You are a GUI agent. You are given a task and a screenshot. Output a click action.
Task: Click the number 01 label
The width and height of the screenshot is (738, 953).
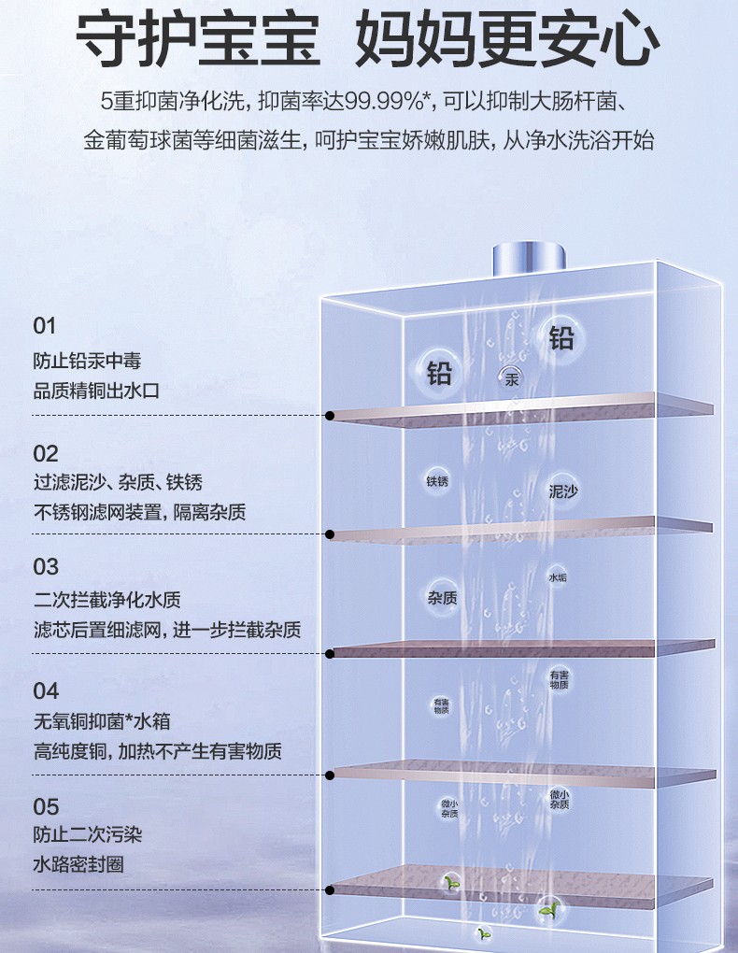[45, 326]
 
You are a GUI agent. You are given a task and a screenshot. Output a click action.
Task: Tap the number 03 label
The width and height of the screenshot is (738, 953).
[46, 567]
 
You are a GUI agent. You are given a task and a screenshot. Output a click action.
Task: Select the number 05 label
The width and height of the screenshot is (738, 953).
[46, 806]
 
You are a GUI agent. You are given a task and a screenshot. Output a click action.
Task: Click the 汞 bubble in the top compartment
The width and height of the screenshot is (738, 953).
[511, 379]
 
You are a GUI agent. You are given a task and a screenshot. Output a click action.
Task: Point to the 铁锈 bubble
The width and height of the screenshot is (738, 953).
[437, 481]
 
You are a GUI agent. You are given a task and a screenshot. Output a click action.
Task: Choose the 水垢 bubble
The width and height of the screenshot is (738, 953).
[558, 578]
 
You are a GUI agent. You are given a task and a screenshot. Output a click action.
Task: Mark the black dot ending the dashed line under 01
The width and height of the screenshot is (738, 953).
[330, 415]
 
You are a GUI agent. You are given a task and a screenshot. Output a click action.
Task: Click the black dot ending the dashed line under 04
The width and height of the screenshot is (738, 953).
[330, 775]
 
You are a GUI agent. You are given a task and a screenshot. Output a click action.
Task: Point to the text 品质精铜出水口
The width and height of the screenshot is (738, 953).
[96, 391]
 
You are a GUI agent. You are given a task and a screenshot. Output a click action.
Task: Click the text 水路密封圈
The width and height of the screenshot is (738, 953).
[78, 865]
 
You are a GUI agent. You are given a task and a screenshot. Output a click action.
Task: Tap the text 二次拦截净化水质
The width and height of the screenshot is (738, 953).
[106, 600]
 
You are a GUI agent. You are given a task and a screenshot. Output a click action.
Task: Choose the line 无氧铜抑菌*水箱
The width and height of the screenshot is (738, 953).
[102, 721]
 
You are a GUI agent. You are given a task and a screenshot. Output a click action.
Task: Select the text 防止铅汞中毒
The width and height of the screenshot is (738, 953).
[87, 361]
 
